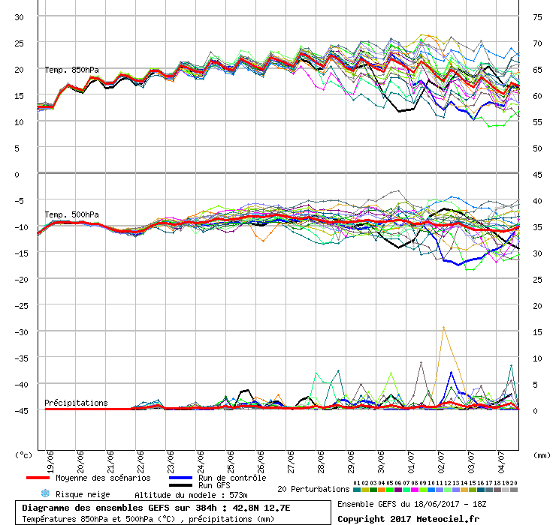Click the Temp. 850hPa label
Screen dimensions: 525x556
coord(66,70)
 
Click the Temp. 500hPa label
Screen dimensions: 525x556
coord(66,215)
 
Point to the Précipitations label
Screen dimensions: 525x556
coord(76,403)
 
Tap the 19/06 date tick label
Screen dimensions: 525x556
coord(50,458)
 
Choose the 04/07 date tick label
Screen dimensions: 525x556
coord(501,458)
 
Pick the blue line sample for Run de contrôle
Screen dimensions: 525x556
coord(180,478)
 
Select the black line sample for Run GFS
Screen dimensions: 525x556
coord(180,485)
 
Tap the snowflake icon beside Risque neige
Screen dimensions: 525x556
coord(44,493)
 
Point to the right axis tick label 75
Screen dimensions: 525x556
coord(537,17)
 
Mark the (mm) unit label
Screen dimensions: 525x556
coord(540,454)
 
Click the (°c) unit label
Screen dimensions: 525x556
coord(24,454)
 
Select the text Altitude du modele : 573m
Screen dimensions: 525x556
coord(191,495)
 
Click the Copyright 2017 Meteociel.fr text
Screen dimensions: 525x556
coord(408,518)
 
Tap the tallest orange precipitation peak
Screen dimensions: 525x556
coord(443,327)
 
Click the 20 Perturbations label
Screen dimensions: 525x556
coord(313,489)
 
